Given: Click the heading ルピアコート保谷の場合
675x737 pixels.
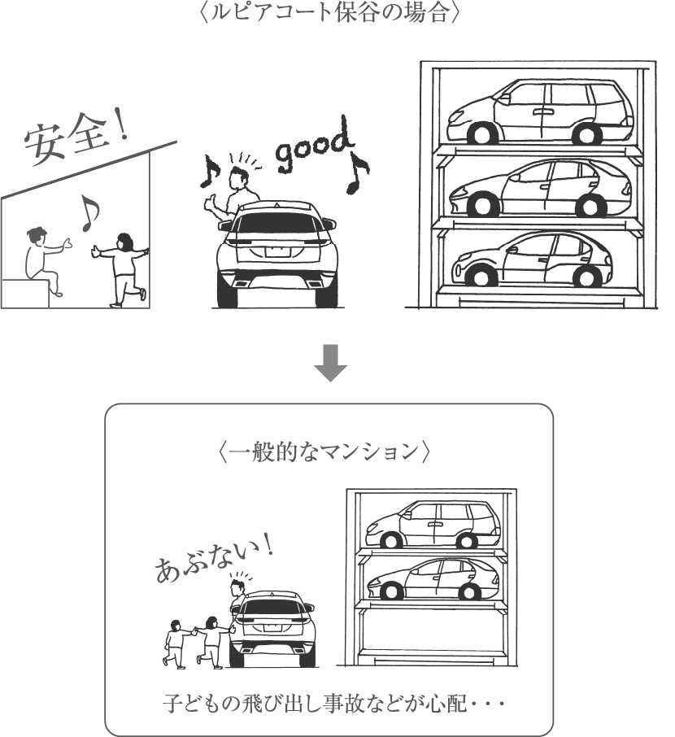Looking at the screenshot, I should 334,13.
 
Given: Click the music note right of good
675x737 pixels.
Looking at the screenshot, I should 356,172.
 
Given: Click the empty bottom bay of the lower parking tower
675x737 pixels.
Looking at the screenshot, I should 430,630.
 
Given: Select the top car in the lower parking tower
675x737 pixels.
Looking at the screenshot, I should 431,525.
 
